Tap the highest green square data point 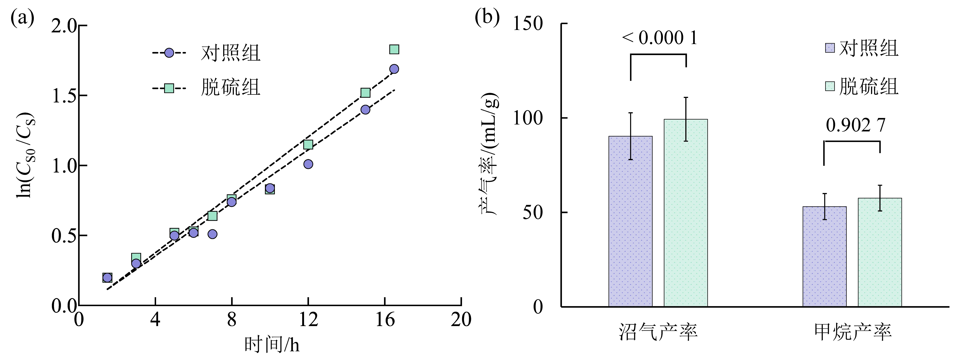pos(394,49)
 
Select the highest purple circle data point pos(394,69)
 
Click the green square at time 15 pos(365,93)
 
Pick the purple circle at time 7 pos(212,234)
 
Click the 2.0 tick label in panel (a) pos(64,26)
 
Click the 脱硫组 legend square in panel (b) pos(830,86)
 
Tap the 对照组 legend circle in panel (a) pos(169,53)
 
